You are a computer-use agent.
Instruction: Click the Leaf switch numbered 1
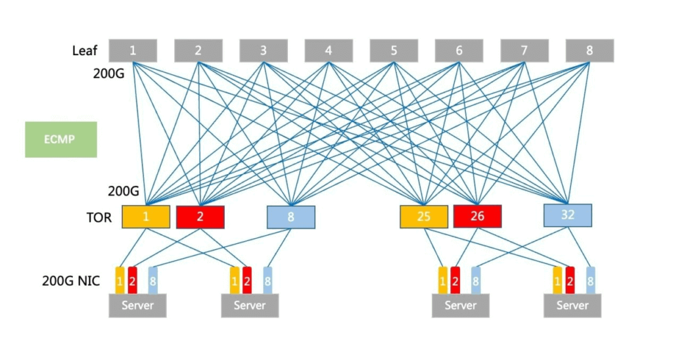[133, 51]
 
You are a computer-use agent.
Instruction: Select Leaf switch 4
[328, 51]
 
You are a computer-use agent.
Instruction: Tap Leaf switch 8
[590, 51]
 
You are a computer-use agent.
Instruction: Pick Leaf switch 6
[459, 51]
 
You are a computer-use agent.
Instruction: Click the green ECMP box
[61, 139]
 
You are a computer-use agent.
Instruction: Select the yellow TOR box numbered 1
[146, 216]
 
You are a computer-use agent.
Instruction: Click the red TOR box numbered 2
[200, 217]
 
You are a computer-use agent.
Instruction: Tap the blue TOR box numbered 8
[290, 217]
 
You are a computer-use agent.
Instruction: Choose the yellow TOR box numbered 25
[424, 217]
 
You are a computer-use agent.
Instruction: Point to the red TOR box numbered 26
[477, 216]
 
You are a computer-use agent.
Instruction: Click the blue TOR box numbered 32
[568, 215]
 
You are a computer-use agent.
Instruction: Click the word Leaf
[85, 51]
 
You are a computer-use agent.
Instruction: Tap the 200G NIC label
[70, 282]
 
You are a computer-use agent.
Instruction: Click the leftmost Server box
[137, 305]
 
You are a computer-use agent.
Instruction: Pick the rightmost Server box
[572, 305]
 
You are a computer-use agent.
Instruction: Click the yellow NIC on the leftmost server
[120, 281]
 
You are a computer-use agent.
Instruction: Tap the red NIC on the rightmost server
[570, 281]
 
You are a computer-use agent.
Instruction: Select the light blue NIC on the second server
[267, 281]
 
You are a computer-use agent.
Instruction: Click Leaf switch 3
[263, 51]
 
